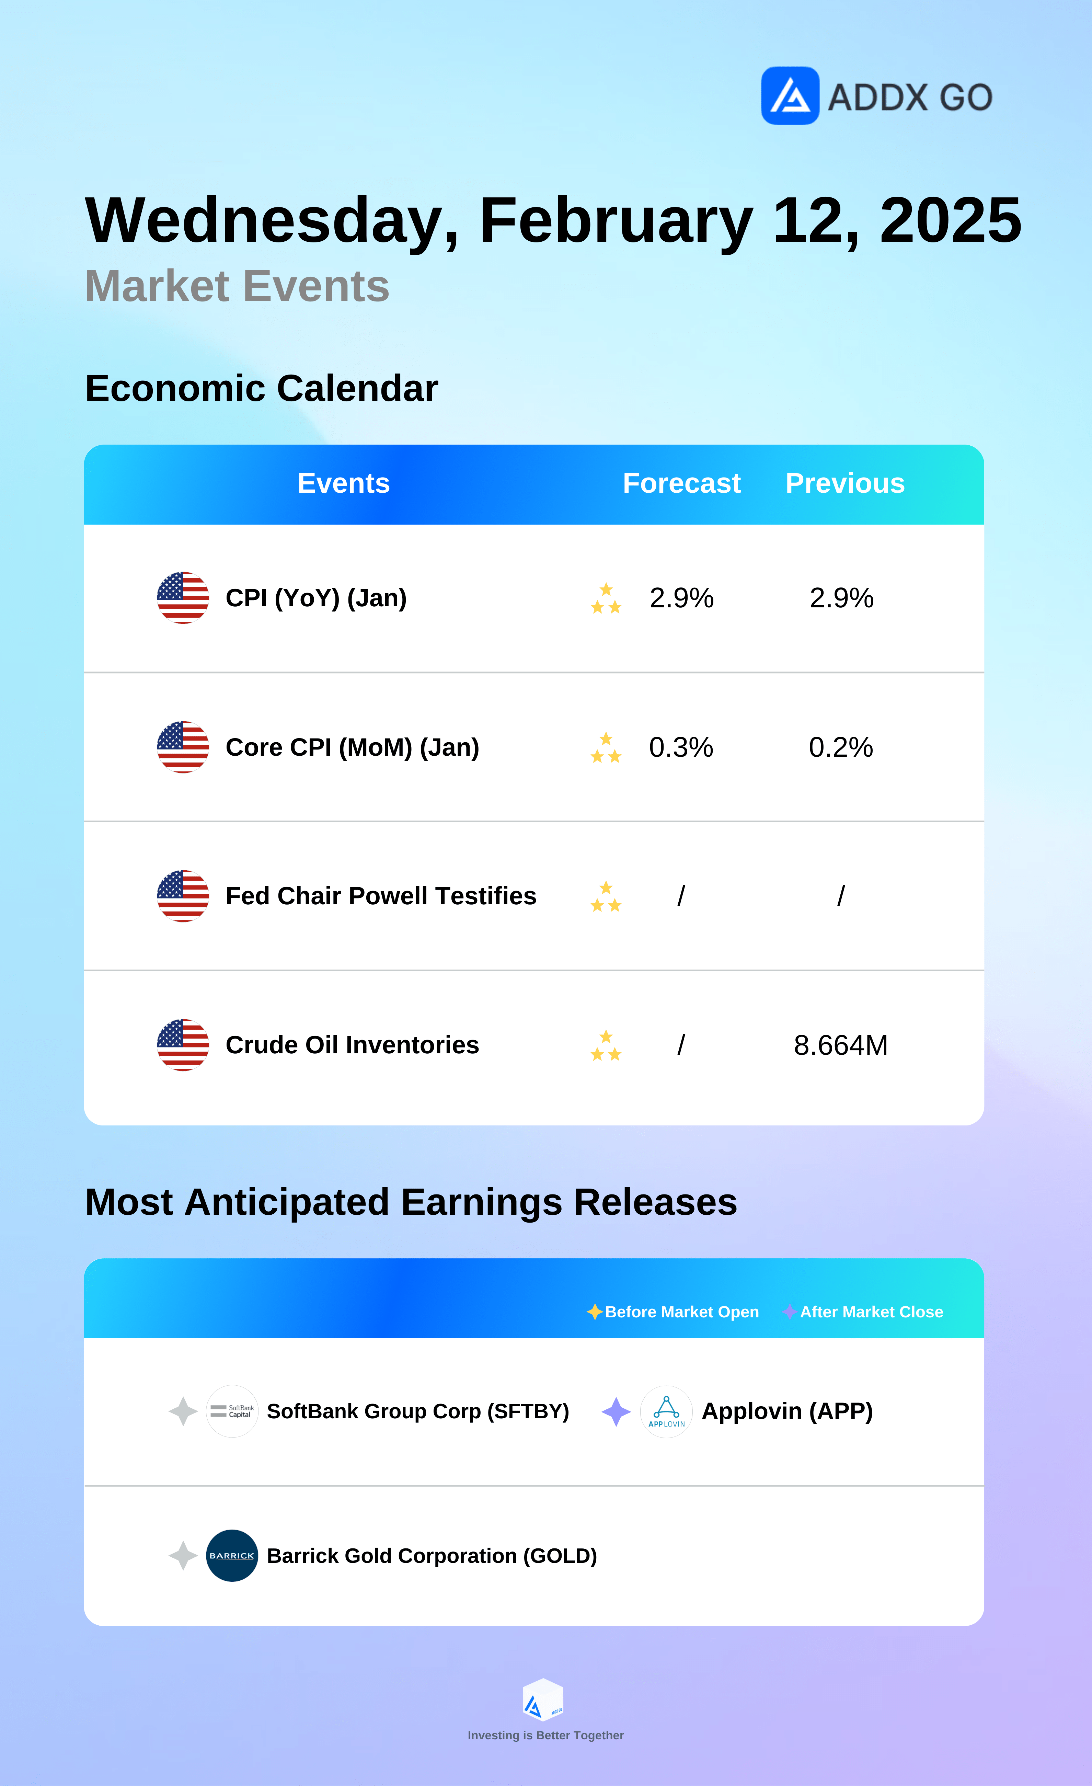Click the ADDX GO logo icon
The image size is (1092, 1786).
point(790,96)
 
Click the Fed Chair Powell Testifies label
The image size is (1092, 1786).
point(381,896)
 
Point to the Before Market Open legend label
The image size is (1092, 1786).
point(682,1312)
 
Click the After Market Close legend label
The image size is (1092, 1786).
point(872,1312)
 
